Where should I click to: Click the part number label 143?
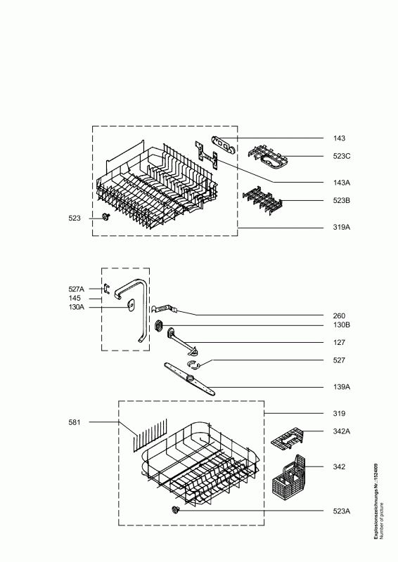point(339,138)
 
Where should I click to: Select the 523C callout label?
point(341,156)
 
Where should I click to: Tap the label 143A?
point(341,183)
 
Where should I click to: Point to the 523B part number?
point(341,200)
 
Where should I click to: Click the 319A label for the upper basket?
point(341,227)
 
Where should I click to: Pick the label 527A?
point(77,289)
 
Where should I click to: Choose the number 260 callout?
point(339,315)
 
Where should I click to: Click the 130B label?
point(341,325)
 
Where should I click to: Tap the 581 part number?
point(75,422)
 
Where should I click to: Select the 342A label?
point(341,431)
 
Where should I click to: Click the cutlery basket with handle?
point(288,478)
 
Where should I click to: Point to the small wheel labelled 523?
point(105,216)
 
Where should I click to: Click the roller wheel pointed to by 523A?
point(176,510)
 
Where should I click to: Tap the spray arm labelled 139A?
point(189,379)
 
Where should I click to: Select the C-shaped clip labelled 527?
point(193,365)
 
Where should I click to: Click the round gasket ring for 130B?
point(159,325)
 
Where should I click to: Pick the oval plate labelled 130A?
point(131,306)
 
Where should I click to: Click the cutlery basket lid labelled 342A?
point(287,437)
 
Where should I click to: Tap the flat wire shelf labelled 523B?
point(263,202)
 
